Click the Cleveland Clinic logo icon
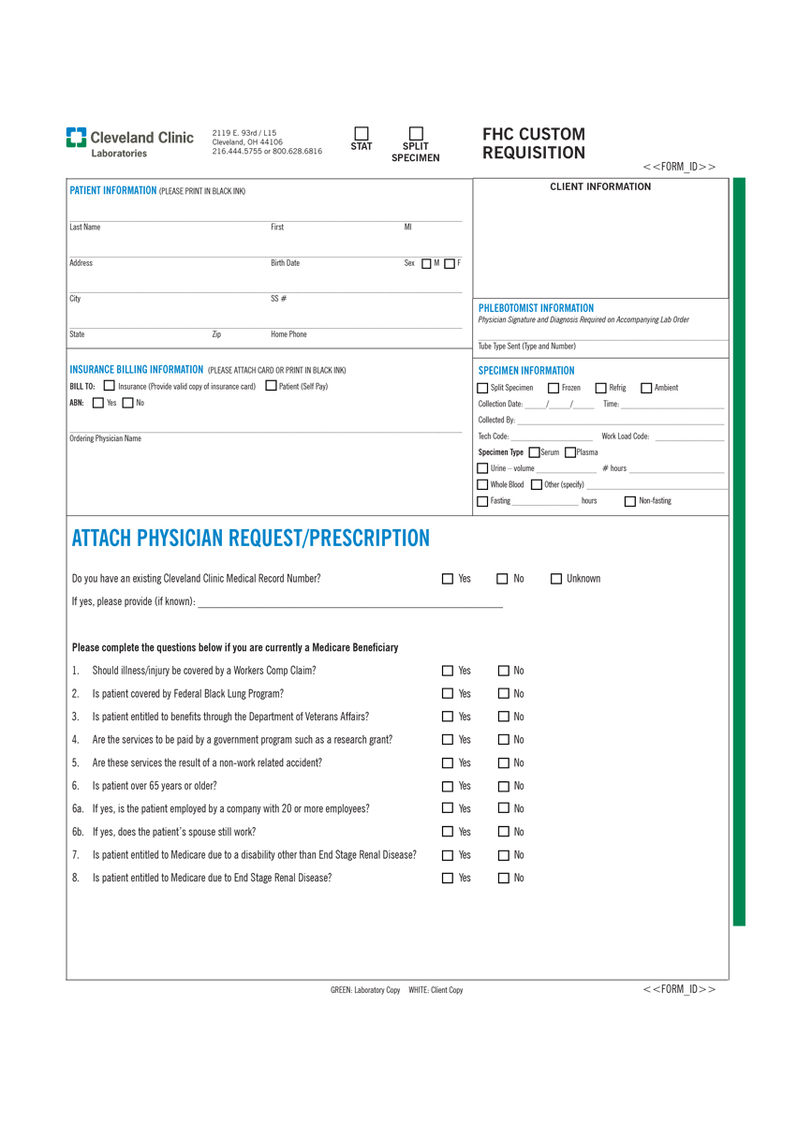pyautogui.click(x=76, y=138)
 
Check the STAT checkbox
pyautogui.click(x=362, y=133)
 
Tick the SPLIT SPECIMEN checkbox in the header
pyautogui.click(x=416, y=133)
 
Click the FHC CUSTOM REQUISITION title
pyautogui.click(x=533, y=143)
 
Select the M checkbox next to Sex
pyautogui.click(x=427, y=264)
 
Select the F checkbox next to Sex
pyautogui.click(x=450, y=264)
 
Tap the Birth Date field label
pyautogui.click(x=285, y=263)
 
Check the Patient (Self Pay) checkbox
pyautogui.click(x=272, y=386)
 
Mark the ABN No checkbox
pyautogui.click(x=128, y=404)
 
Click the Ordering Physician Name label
pyautogui.click(x=105, y=438)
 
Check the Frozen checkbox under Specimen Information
pyautogui.click(x=554, y=388)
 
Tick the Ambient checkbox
pyautogui.click(x=646, y=388)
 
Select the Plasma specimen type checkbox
pyautogui.click(x=570, y=452)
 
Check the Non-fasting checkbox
pyautogui.click(x=629, y=501)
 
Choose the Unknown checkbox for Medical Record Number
pyautogui.click(x=556, y=579)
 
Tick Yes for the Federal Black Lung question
pyautogui.click(x=448, y=694)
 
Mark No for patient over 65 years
pyautogui.click(x=503, y=786)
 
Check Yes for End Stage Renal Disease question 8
pyautogui.click(x=448, y=879)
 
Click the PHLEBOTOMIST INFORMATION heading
pyautogui.click(x=536, y=308)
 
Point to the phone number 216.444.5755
pyautogui.click(x=233, y=151)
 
